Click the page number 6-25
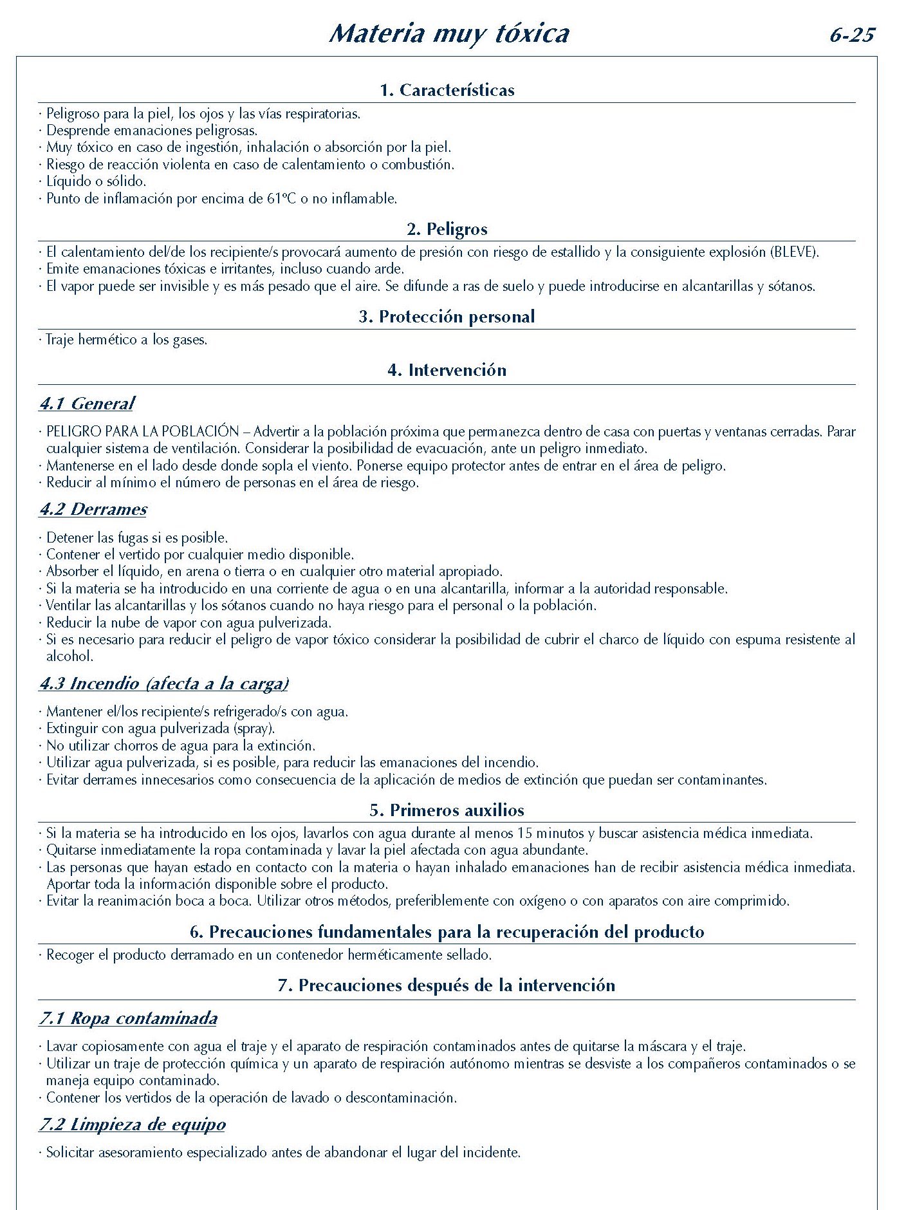coord(852,35)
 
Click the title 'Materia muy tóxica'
coord(448,33)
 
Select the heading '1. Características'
coord(447,90)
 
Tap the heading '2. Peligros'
coord(447,229)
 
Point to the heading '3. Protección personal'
coord(447,317)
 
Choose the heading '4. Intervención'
coord(447,370)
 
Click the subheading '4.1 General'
coord(87,404)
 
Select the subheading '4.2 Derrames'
coord(93,509)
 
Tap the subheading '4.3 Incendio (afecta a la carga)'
coord(164,684)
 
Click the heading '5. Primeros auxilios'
coord(447,810)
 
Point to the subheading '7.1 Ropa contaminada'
coord(128,1018)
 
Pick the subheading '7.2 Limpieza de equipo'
coord(133,1124)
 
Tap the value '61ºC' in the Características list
coord(281,199)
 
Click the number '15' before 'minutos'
coord(525,833)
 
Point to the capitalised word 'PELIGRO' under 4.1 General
coord(73,432)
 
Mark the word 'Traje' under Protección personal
coord(60,340)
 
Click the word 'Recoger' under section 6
coord(70,955)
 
